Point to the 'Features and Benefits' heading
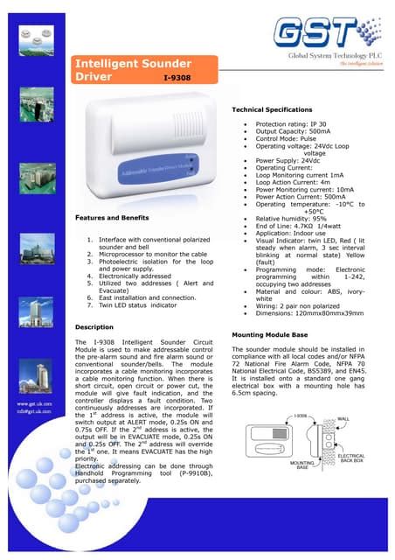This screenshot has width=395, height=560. point(110,215)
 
